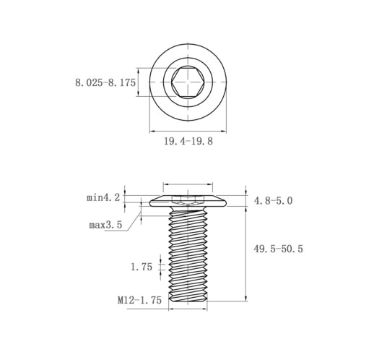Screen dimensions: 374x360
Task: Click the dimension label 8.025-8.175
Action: click(x=105, y=83)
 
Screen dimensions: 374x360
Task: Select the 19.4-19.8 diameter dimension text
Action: click(x=188, y=141)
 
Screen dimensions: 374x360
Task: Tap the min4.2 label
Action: click(x=103, y=198)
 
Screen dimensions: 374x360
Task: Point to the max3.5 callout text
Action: click(x=105, y=226)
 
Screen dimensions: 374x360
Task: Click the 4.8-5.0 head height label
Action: click(x=273, y=201)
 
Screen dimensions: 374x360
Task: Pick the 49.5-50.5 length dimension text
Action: click(x=278, y=249)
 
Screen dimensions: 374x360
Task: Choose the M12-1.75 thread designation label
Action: click(x=139, y=300)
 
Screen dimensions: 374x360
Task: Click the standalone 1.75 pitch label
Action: click(x=142, y=267)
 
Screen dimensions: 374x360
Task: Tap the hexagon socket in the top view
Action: click(x=188, y=82)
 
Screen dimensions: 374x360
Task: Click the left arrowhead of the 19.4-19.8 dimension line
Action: click(x=152, y=132)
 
